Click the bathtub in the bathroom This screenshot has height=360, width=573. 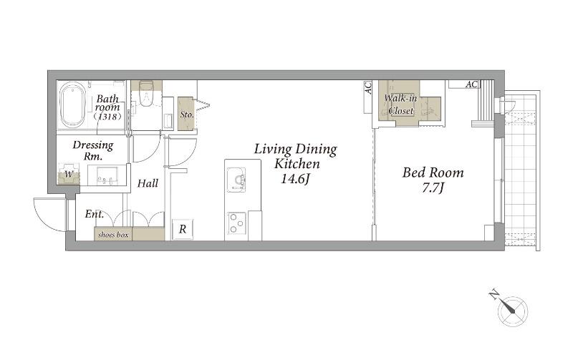[x=72, y=104]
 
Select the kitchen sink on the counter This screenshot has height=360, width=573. [x=236, y=180]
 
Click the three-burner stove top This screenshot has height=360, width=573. [x=236, y=223]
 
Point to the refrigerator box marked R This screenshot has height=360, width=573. [x=183, y=229]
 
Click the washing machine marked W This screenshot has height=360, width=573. [x=68, y=174]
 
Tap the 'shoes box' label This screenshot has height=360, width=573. [x=113, y=235]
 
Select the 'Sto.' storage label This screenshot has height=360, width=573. [x=187, y=115]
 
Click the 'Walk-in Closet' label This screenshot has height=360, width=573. [x=401, y=104]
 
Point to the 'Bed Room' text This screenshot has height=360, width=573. [x=433, y=172]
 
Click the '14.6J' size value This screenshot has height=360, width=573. [x=295, y=179]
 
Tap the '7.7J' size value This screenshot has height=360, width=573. [x=433, y=188]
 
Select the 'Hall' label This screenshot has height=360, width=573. [x=148, y=183]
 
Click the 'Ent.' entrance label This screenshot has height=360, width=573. [x=95, y=213]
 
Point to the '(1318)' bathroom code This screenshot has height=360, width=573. [x=107, y=117]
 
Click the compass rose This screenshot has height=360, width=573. [x=513, y=311]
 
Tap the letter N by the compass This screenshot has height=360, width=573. [x=494, y=294]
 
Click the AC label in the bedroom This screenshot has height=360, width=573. [x=471, y=84]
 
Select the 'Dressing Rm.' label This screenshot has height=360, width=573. [x=93, y=150]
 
